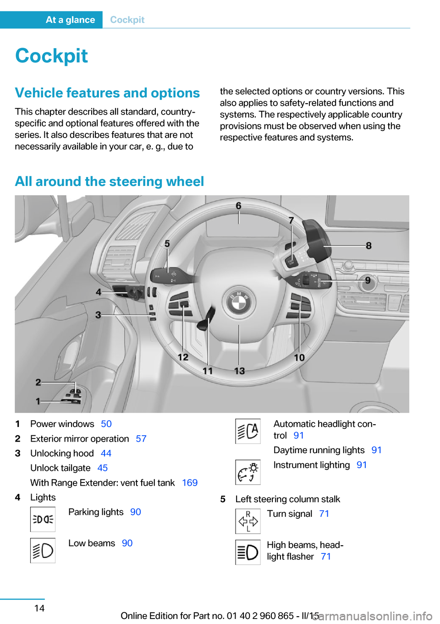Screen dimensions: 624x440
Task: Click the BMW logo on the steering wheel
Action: (x=239, y=302)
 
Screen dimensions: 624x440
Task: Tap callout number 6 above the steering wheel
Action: (x=238, y=206)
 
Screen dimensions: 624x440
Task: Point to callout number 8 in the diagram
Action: (x=368, y=246)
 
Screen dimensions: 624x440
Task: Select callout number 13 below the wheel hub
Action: (x=239, y=371)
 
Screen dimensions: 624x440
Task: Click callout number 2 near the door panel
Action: (x=38, y=382)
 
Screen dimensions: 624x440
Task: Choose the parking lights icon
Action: (x=43, y=519)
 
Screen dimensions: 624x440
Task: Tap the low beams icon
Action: (x=43, y=550)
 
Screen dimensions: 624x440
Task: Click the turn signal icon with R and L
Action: (x=248, y=521)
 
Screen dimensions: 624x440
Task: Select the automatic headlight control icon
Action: (x=248, y=431)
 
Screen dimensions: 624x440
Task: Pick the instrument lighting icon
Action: (x=248, y=472)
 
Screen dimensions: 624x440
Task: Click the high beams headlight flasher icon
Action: (x=248, y=552)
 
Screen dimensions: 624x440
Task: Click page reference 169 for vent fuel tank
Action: (x=190, y=483)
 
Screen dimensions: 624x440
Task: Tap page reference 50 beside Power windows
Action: (x=106, y=424)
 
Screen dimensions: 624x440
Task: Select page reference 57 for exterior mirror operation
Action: (x=141, y=439)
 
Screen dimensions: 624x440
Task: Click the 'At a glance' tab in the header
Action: (x=70, y=20)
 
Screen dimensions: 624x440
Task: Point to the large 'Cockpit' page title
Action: (x=52, y=56)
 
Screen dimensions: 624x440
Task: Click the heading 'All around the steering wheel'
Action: (x=110, y=181)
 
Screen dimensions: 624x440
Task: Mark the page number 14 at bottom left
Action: (x=39, y=608)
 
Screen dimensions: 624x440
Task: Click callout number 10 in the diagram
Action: (x=299, y=357)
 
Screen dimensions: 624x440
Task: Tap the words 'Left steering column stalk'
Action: (x=288, y=499)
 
